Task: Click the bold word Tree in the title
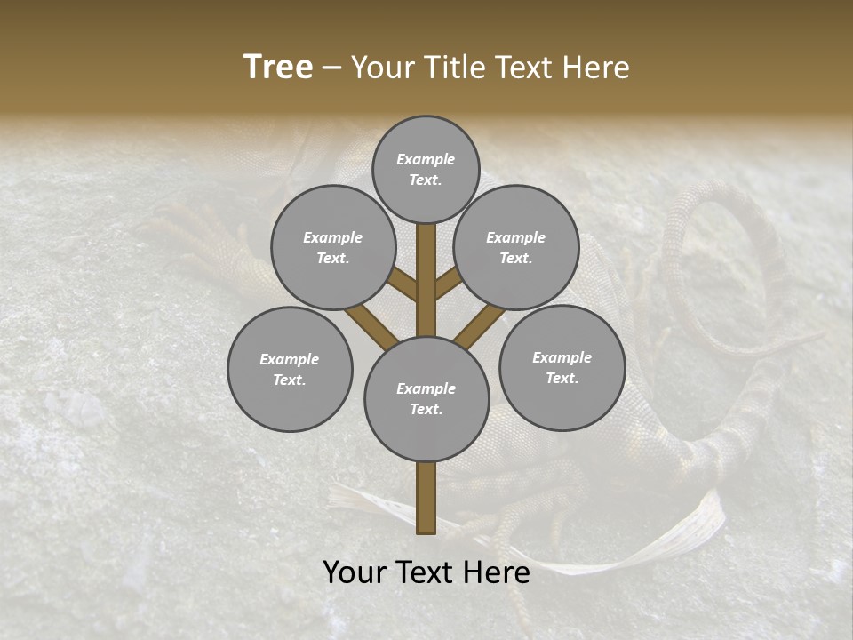pos(278,68)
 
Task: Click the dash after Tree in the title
pos(332,68)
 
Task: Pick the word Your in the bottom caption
pos(355,572)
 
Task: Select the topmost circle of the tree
pos(426,169)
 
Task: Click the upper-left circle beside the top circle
pos(332,247)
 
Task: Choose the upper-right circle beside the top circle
pos(516,247)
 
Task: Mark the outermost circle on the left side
pos(290,369)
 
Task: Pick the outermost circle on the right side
pos(562,367)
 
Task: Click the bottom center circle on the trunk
pos(426,399)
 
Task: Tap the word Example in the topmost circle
pos(426,159)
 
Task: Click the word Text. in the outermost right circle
pos(562,378)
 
